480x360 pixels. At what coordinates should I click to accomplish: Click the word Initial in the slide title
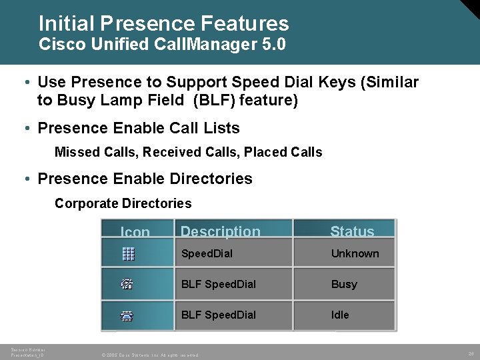[x=65, y=24]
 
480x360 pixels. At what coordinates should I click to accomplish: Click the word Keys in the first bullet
[x=343, y=82]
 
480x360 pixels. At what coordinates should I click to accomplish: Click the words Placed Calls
[x=283, y=152]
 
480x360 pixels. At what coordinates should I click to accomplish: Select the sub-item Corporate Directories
[x=123, y=203]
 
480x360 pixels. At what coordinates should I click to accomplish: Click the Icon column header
[x=135, y=232]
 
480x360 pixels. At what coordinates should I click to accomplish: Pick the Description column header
[x=220, y=231]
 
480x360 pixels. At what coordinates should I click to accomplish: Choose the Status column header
[x=352, y=231]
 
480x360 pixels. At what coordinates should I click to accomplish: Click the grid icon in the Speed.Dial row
[x=129, y=253]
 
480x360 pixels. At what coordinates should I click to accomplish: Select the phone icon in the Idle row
[x=127, y=315]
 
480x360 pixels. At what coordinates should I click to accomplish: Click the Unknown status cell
[x=355, y=253]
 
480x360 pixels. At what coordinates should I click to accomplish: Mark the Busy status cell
[x=344, y=284]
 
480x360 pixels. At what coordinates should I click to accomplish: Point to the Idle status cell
[x=340, y=315]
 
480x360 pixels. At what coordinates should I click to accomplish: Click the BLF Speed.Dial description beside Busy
[x=218, y=284]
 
